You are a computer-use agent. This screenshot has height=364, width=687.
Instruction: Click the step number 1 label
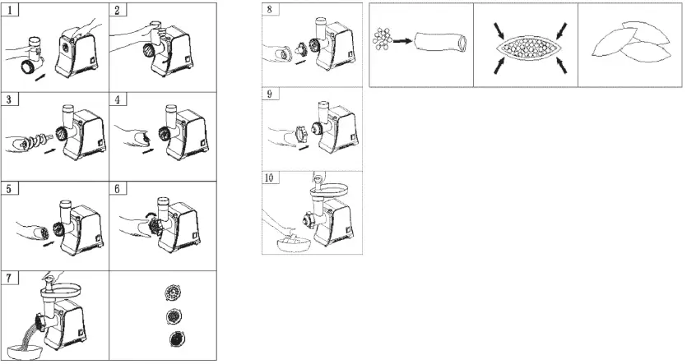(9, 11)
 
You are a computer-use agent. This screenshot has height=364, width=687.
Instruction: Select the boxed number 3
(9, 99)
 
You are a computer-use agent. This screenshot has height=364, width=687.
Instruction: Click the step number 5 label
(9, 189)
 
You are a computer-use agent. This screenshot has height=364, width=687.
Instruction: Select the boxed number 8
(270, 11)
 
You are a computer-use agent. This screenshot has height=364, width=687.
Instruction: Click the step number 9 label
(270, 94)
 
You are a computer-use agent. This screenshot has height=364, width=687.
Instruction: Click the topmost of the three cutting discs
(172, 293)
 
